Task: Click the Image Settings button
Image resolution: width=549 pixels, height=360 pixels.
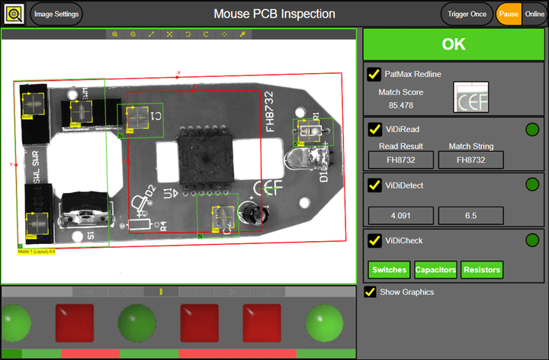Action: coord(56,14)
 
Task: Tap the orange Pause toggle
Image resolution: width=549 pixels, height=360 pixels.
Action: coord(508,14)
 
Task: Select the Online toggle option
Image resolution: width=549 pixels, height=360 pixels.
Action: coord(535,14)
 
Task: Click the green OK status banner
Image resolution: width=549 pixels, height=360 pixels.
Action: coord(454,44)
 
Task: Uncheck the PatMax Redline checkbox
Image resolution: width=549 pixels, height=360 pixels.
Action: coord(374,74)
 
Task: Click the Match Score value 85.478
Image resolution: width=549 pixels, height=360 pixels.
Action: coord(400,105)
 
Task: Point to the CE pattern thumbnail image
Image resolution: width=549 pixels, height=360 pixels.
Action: coord(470,97)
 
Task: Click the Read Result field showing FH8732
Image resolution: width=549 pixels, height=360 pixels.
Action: coord(401,160)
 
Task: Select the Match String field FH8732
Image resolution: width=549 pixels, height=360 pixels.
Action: coord(471,160)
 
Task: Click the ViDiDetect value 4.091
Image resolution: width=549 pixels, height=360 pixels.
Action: coord(401,216)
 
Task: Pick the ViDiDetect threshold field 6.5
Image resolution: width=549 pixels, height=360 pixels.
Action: coord(470,216)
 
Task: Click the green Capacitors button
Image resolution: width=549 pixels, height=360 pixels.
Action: coord(435,270)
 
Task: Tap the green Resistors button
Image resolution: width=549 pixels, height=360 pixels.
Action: coord(482,270)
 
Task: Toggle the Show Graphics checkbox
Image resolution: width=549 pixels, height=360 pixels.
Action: coord(371,292)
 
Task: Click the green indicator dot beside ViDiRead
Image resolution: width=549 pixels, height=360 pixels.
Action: coord(532,129)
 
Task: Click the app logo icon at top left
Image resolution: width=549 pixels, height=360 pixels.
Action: coord(14,14)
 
